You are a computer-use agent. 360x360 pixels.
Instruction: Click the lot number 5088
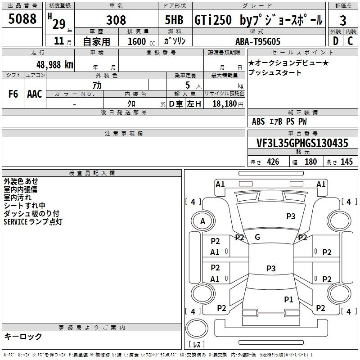coord(22,18)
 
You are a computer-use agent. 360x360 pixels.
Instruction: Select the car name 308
coord(116,20)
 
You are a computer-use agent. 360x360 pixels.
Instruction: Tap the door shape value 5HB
coord(174,20)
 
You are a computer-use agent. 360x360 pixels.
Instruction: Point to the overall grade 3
coord(343,20)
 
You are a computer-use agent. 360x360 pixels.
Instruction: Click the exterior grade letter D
coord(335,41)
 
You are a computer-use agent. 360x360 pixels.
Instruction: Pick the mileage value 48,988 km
coord(54,65)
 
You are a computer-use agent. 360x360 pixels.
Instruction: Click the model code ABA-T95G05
coord(258,41)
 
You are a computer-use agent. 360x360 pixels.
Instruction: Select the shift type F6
coord(13,94)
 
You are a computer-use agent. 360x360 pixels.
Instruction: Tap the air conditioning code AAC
coord(35,94)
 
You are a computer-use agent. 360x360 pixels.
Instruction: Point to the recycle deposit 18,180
coord(225,104)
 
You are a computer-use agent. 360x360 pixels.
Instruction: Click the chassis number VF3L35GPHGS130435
coord(302,143)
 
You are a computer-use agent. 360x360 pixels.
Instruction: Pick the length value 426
coord(273,162)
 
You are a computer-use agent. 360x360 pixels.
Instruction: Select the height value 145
coord(346,162)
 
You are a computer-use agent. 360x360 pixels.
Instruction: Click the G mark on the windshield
coord(257,237)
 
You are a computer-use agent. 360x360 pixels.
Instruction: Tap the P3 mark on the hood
coord(291,216)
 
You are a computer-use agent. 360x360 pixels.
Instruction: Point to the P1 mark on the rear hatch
coord(288,299)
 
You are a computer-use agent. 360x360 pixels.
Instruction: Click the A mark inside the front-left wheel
coord(202,221)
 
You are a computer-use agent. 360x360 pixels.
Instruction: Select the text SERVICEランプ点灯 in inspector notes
coord(33,222)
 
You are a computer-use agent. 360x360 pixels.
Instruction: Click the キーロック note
coord(23,336)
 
